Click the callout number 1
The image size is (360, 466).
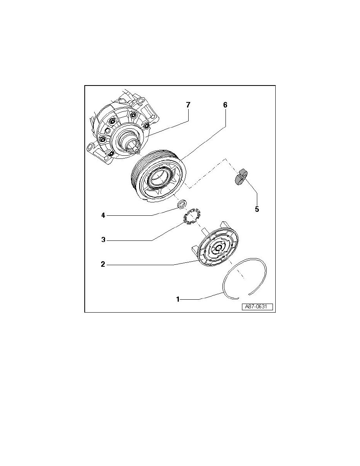pos(178,299)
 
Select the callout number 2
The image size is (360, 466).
pos(103,264)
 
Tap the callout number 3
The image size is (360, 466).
pos(104,239)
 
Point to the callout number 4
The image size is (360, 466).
pos(104,215)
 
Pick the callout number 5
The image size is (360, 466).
pos(257,209)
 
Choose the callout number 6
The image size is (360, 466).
pos(225,105)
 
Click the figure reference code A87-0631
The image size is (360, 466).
pos(257,307)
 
